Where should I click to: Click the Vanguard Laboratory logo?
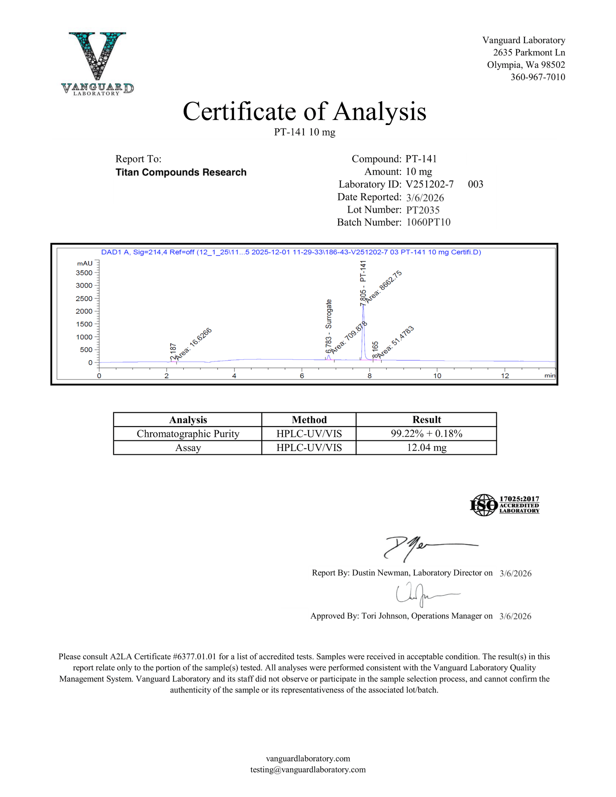[x=97, y=63]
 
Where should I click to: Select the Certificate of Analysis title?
[x=304, y=112]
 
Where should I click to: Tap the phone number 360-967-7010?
[x=537, y=77]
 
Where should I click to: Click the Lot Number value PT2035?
[x=423, y=210]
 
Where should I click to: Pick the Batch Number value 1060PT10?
[x=428, y=222]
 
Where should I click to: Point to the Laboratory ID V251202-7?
[x=429, y=184]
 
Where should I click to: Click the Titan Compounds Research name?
[x=181, y=172]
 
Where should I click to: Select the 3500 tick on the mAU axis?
[x=84, y=273]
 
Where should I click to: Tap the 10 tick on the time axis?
[x=437, y=376]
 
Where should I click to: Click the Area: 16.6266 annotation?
[x=194, y=344]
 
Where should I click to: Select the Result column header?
[x=426, y=419]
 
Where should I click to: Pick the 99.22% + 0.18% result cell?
[x=426, y=434]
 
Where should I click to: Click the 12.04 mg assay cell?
[x=426, y=448]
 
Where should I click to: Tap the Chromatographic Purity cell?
[x=188, y=434]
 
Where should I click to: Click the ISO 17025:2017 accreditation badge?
[x=504, y=505]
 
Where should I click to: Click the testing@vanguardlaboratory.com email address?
[x=308, y=769]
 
